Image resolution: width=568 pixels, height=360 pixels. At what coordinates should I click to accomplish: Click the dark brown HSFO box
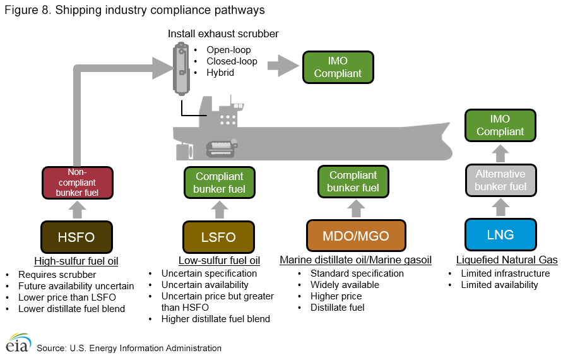click(x=76, y=237)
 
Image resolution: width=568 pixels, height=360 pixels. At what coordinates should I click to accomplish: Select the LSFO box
click(x=218, y=237)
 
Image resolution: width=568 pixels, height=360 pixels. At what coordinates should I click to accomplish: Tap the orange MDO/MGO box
click(x=356, y=236)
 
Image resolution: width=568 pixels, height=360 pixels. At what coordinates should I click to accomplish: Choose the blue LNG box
click(x=500, y=236)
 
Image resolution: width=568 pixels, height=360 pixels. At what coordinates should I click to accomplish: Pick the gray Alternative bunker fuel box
click(x=500, y=180)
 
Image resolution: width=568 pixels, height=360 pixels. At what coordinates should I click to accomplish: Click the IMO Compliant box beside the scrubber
click(x=338, y=68)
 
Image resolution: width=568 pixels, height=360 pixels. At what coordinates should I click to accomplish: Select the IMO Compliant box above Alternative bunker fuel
click(x=500, y=125)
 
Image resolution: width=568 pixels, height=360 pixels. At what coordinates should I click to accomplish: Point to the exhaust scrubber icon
click(x=182, y=68)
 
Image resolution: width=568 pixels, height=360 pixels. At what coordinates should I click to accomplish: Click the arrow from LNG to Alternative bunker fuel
click(x=500, y=207)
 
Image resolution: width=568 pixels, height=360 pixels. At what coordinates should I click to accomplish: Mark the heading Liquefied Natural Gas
click(x=507, y=260)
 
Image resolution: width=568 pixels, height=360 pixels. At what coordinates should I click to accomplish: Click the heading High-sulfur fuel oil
click(x=76, y=260)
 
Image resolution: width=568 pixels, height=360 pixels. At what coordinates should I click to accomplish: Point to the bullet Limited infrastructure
click(x=505, y=273)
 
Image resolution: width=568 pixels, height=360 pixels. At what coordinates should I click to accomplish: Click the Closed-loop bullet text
click(x=232, y=61)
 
